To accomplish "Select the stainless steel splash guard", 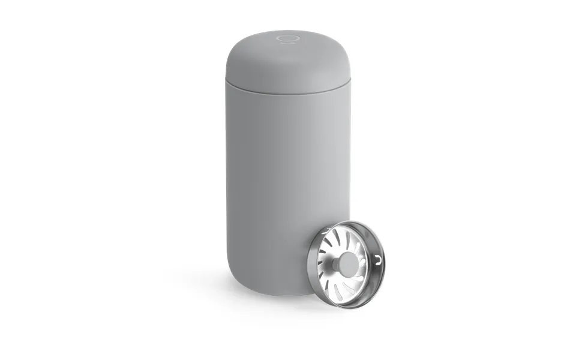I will click(348, 264).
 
